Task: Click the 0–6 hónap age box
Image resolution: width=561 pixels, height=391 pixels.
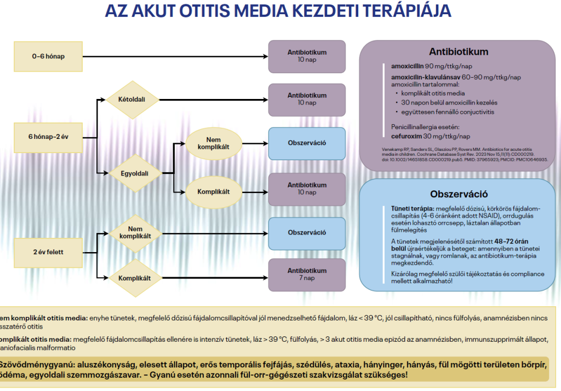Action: (x=48, y=56)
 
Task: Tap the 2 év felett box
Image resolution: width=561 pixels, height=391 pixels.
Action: (x=48, y=253)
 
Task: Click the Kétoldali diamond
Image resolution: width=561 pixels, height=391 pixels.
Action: (x=131, y=100)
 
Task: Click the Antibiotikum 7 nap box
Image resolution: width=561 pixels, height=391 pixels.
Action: (x=307, y=274)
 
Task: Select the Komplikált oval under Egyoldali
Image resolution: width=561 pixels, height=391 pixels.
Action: (x=213, y=191)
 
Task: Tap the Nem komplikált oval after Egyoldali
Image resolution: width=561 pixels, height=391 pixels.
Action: (x=213, y=143)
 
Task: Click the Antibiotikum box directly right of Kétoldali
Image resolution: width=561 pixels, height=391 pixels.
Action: (x=307, y=99)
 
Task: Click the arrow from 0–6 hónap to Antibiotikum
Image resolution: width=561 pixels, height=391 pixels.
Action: (x=175, y=56)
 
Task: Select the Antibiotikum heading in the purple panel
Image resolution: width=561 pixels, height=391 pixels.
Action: (x=459, y=52)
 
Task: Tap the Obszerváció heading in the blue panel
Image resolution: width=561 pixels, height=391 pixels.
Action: (x=459, y=194)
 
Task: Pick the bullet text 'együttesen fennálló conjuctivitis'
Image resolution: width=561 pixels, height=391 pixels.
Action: (x=447, y=112)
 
